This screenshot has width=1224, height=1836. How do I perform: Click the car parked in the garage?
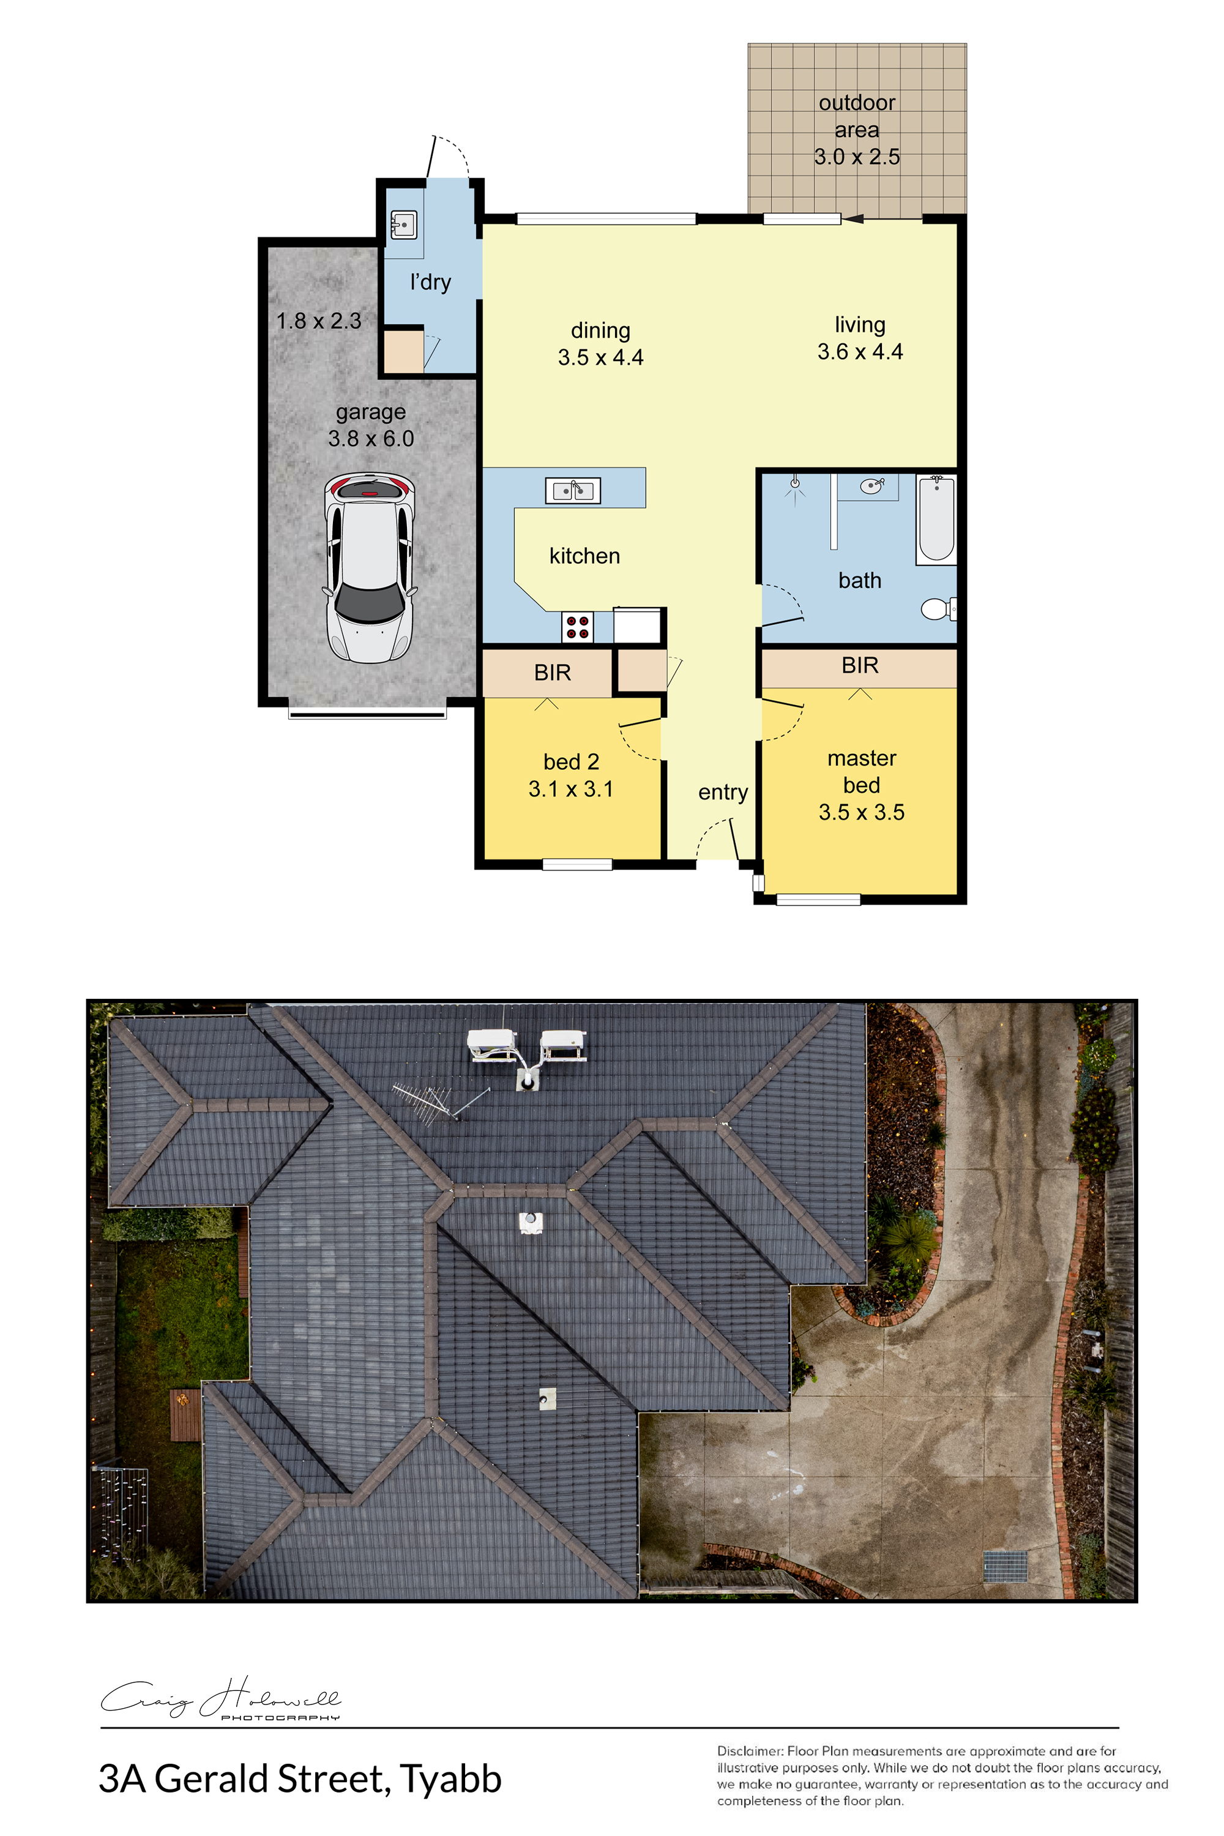[370, 567]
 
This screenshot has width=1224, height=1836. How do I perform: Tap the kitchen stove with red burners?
[577, 627]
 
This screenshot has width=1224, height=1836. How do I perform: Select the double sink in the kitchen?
[572, 490]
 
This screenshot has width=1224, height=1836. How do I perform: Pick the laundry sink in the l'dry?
[403, 225]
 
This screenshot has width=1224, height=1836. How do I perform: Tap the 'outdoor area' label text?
[857, 116]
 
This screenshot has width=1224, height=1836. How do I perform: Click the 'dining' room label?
[600, 330]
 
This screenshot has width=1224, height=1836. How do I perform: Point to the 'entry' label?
[723, 793]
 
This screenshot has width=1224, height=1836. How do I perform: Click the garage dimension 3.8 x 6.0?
[371, 439]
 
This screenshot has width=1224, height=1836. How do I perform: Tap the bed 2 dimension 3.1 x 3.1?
[570, 789]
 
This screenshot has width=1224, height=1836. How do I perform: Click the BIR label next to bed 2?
[553, 672]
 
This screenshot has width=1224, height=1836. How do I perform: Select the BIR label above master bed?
[860, 665]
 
